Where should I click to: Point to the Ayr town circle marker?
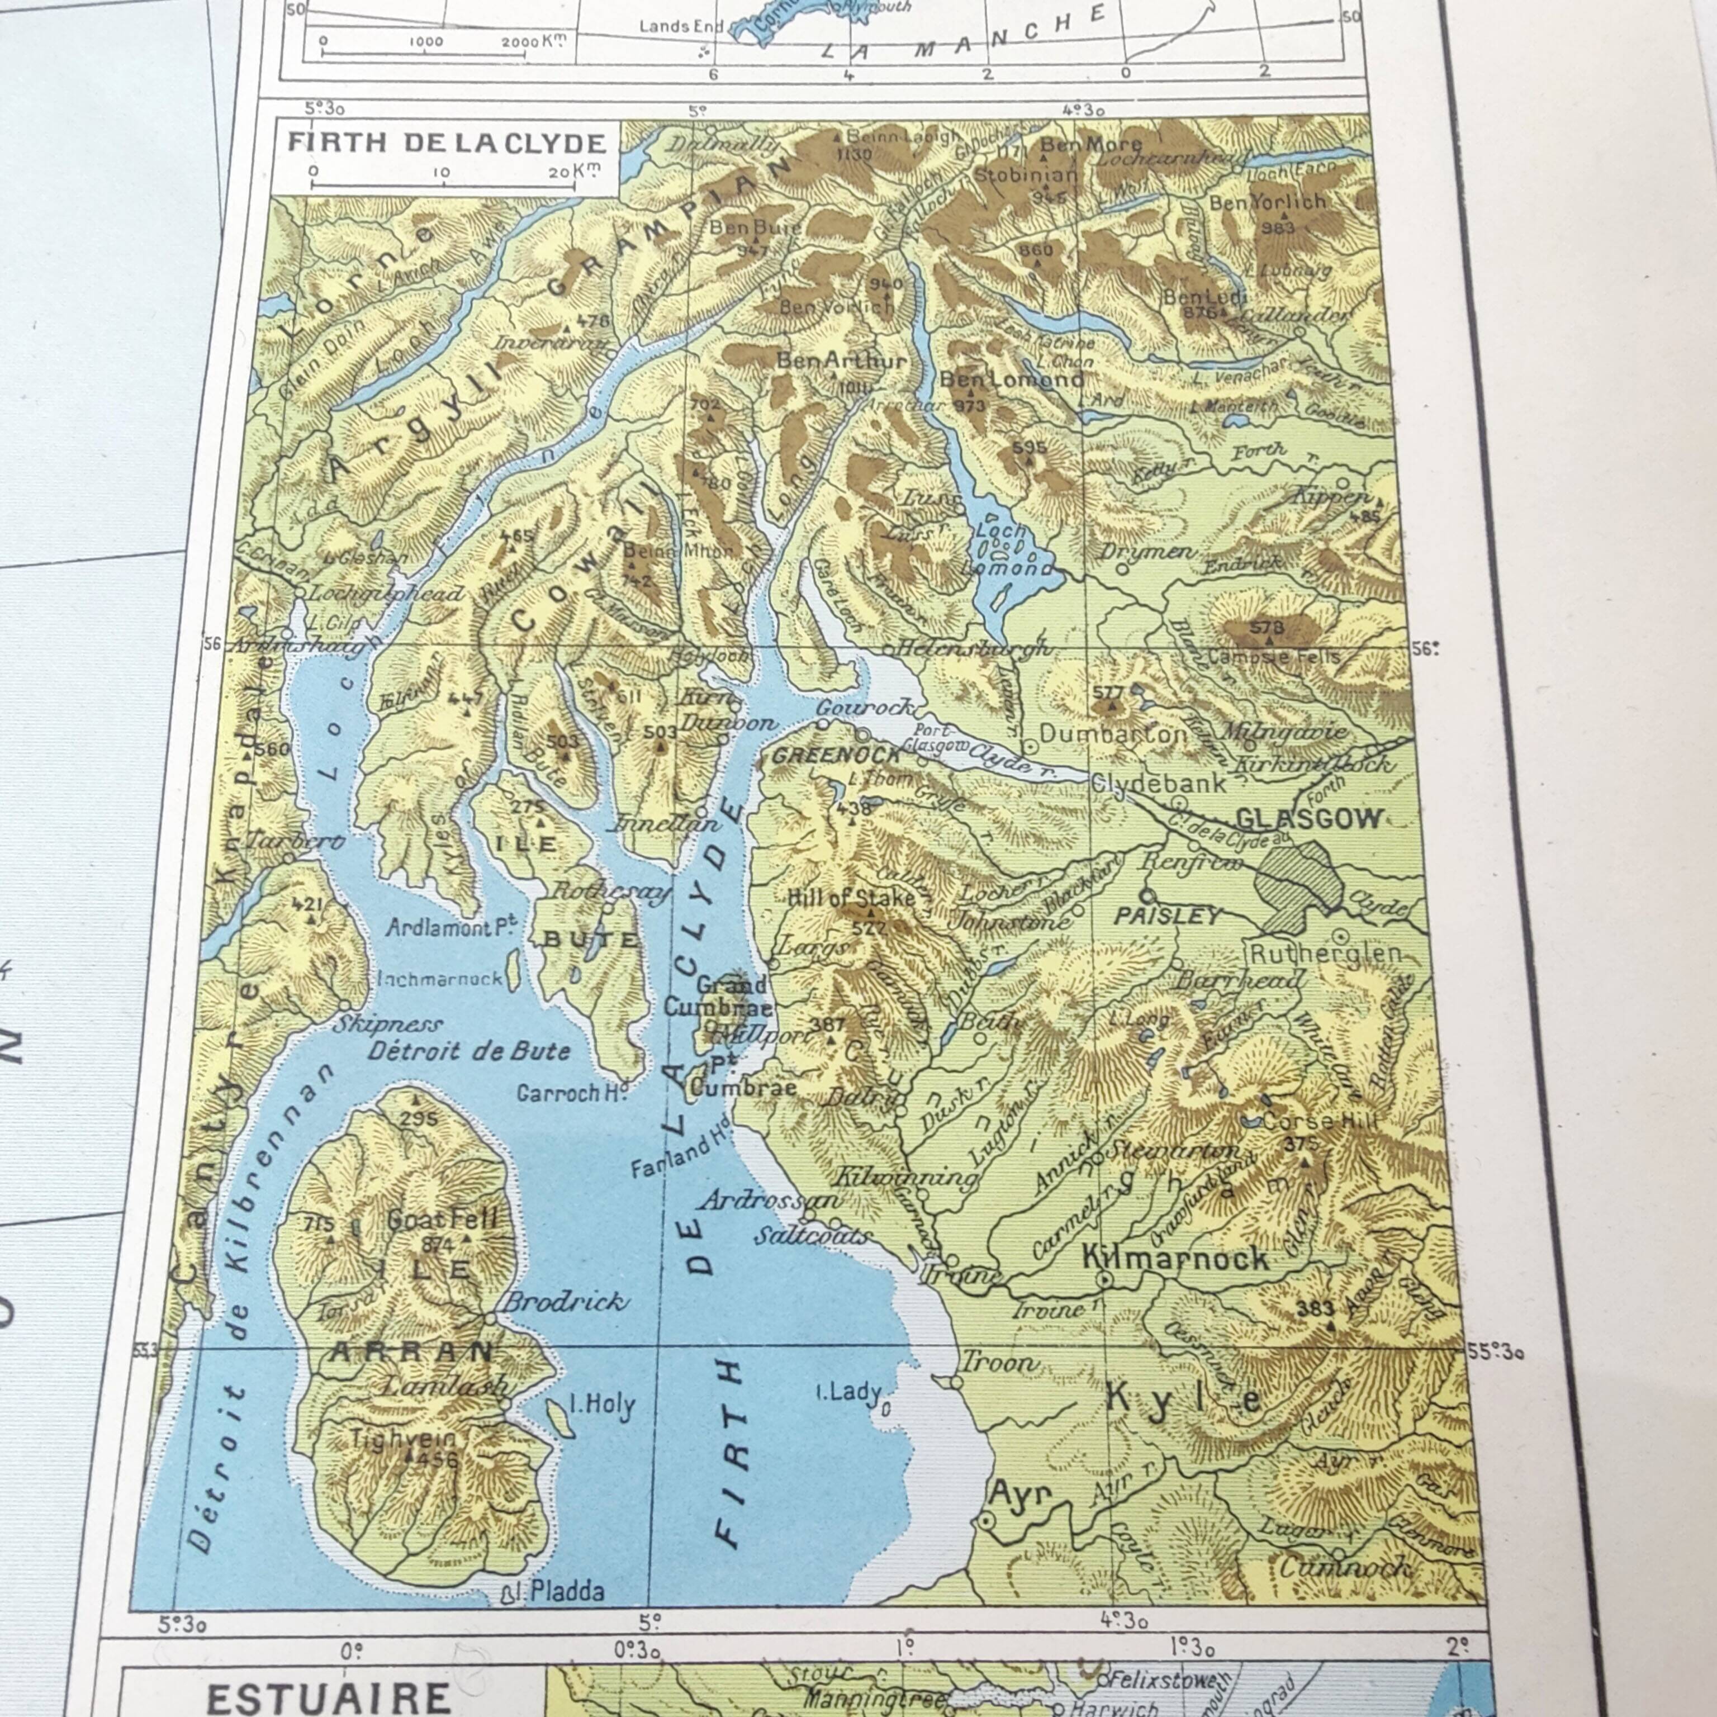coord(985,1521)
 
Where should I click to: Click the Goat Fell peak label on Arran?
coord(442,1220)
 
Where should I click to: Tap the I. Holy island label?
coord(603,1405)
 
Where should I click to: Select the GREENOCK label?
coord(836,756)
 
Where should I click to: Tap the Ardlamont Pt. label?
coord(452,928)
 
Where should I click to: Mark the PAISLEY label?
coord(1167,916)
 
